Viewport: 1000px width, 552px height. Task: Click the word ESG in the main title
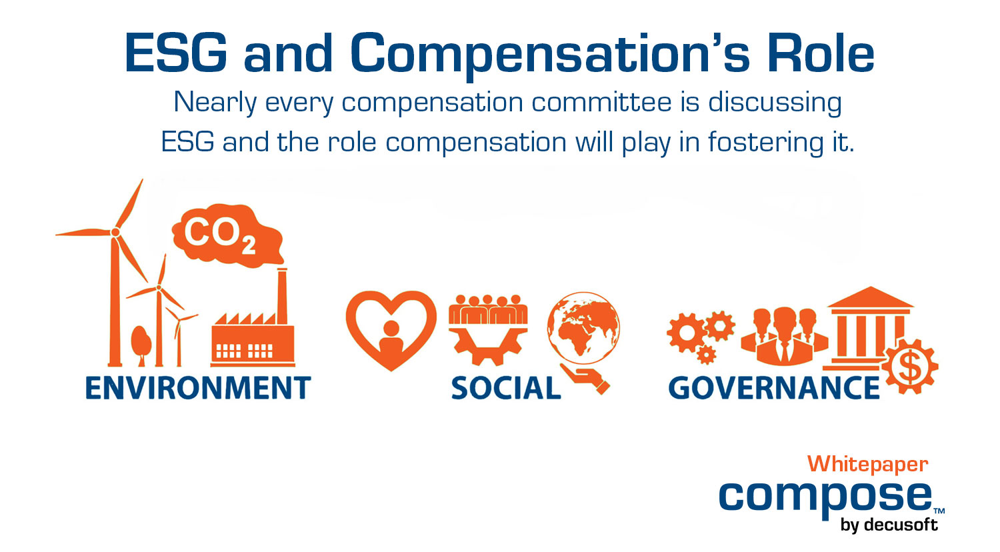[175, 53]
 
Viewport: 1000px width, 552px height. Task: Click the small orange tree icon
[141, 343]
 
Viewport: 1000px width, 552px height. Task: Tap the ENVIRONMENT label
[198, 388]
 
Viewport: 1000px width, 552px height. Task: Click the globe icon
[583, 327]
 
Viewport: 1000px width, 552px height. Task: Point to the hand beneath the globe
[587, 379]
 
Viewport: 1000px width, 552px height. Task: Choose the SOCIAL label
[506, 389]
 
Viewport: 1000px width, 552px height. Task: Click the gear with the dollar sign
[910, 367]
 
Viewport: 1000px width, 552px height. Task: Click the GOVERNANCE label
[774, 389]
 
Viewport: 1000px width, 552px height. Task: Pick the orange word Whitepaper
[867, 464]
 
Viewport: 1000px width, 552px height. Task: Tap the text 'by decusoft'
[889, 525]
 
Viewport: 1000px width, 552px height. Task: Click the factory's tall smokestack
[282, 297]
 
